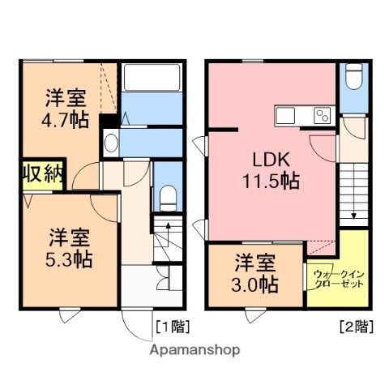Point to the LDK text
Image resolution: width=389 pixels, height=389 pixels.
pos(271,158)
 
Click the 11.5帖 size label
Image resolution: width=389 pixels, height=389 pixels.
pos(271,181)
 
